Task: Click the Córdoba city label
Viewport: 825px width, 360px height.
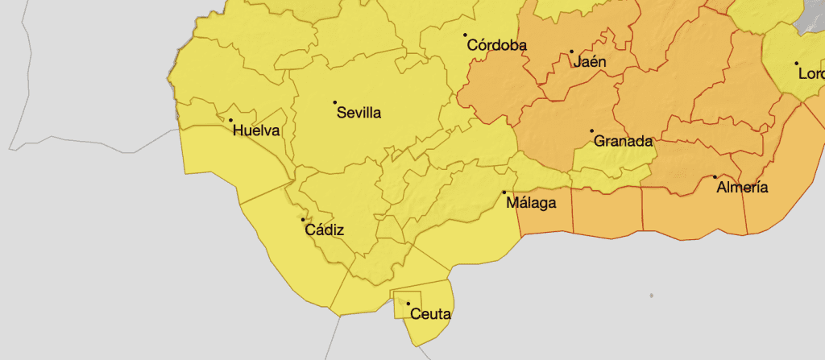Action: coord(497,46)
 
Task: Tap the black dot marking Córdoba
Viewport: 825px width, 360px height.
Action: coord(465,35)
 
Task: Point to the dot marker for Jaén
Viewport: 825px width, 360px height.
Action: coord(571,52)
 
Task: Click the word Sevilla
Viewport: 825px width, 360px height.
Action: coord(359,113)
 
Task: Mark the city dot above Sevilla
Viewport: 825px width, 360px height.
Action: coord(334,102)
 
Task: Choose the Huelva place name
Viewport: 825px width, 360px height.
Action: coord(256,130)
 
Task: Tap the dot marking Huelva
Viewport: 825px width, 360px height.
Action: coord(231,121)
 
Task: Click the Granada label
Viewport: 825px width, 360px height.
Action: coord(622,141)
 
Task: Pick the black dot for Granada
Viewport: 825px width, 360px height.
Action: coord(591,130)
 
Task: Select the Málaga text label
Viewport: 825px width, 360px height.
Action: coord(531,203)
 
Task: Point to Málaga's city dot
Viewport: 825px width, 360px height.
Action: coord(504,192)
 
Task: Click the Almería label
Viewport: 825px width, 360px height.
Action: coord(742,188)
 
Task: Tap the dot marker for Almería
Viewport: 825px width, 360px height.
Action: coord(715,177)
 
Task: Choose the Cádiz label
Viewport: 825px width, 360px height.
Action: coord(325,230)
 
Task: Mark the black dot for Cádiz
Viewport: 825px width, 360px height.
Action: coord(303,219)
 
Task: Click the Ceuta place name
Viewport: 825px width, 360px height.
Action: coord(430,314)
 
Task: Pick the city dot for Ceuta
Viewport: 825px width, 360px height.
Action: coord(408,304)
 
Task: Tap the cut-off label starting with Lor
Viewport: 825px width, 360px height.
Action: coord(810,73)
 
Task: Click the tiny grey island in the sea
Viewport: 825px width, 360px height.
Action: coord(651,297)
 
